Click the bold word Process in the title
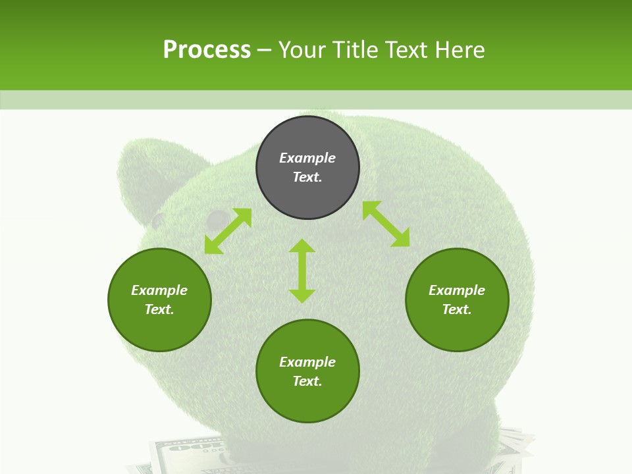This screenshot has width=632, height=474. pyautogui.click(x=207, y=50)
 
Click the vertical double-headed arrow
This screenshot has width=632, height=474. pyautogui.click(x=302, y=271)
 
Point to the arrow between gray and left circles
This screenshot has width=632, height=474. pyautogui.click(x=228, y=231)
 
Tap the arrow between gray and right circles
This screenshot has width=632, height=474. pyautogui.click(x=386, y=224)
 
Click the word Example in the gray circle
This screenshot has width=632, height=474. pyautogui.click(x=307, y=158)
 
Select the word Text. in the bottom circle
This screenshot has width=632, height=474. pyautogui.click(x=307, y=381)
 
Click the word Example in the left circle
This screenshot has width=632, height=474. pyautogui.click(x=159, y=290)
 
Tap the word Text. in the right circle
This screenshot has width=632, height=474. pyautogui.click(x=457, y=309)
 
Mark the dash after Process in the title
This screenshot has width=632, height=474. pyautogui.click(x=265, y=50)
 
